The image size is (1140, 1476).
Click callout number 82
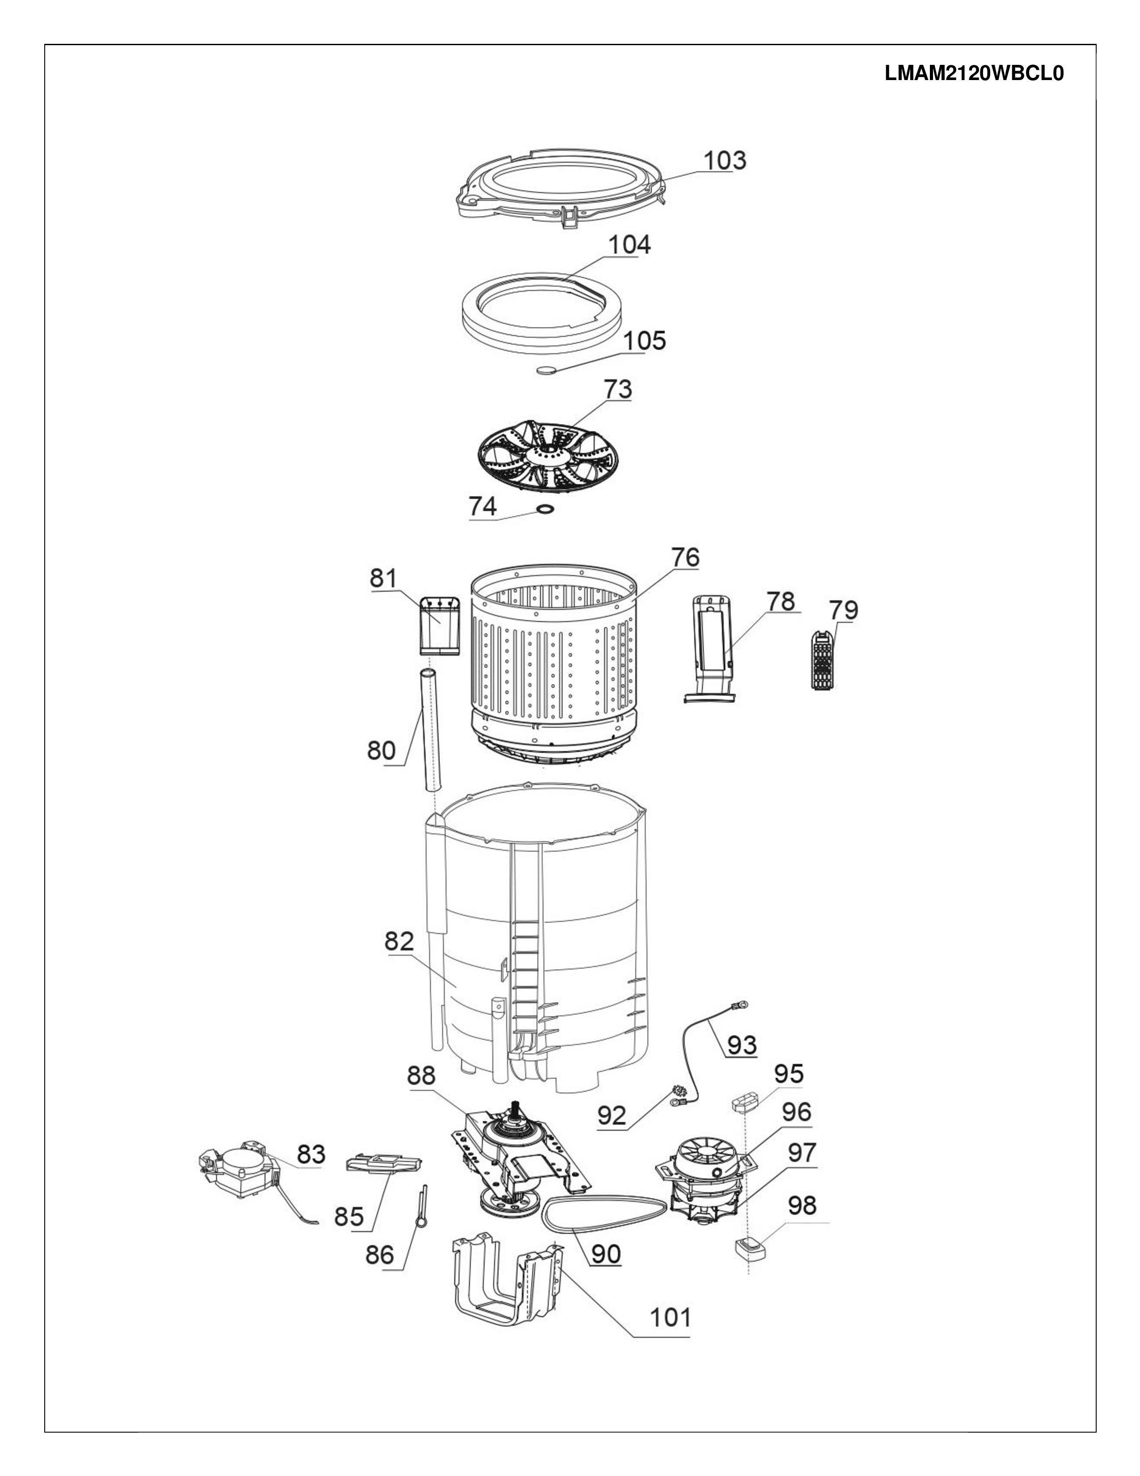(x=398, y=942)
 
